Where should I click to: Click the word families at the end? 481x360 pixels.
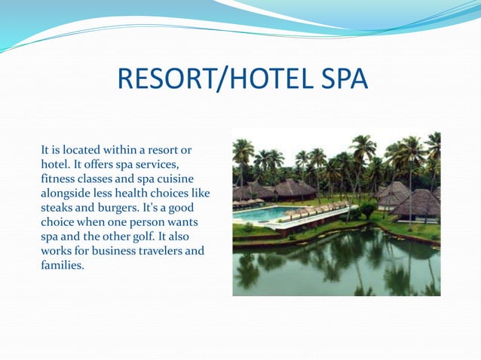pos(62,265)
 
